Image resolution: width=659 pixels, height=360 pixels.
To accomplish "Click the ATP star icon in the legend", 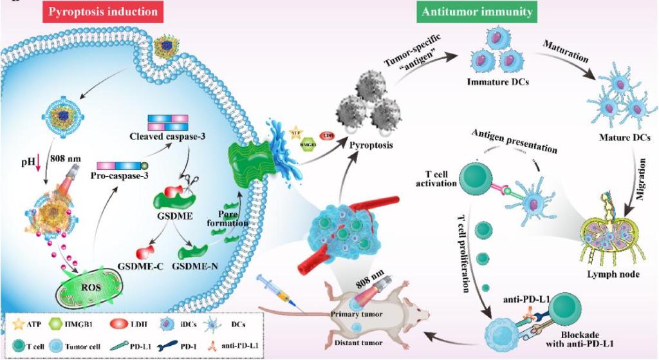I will pyautogui.click(x=17, y=319).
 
